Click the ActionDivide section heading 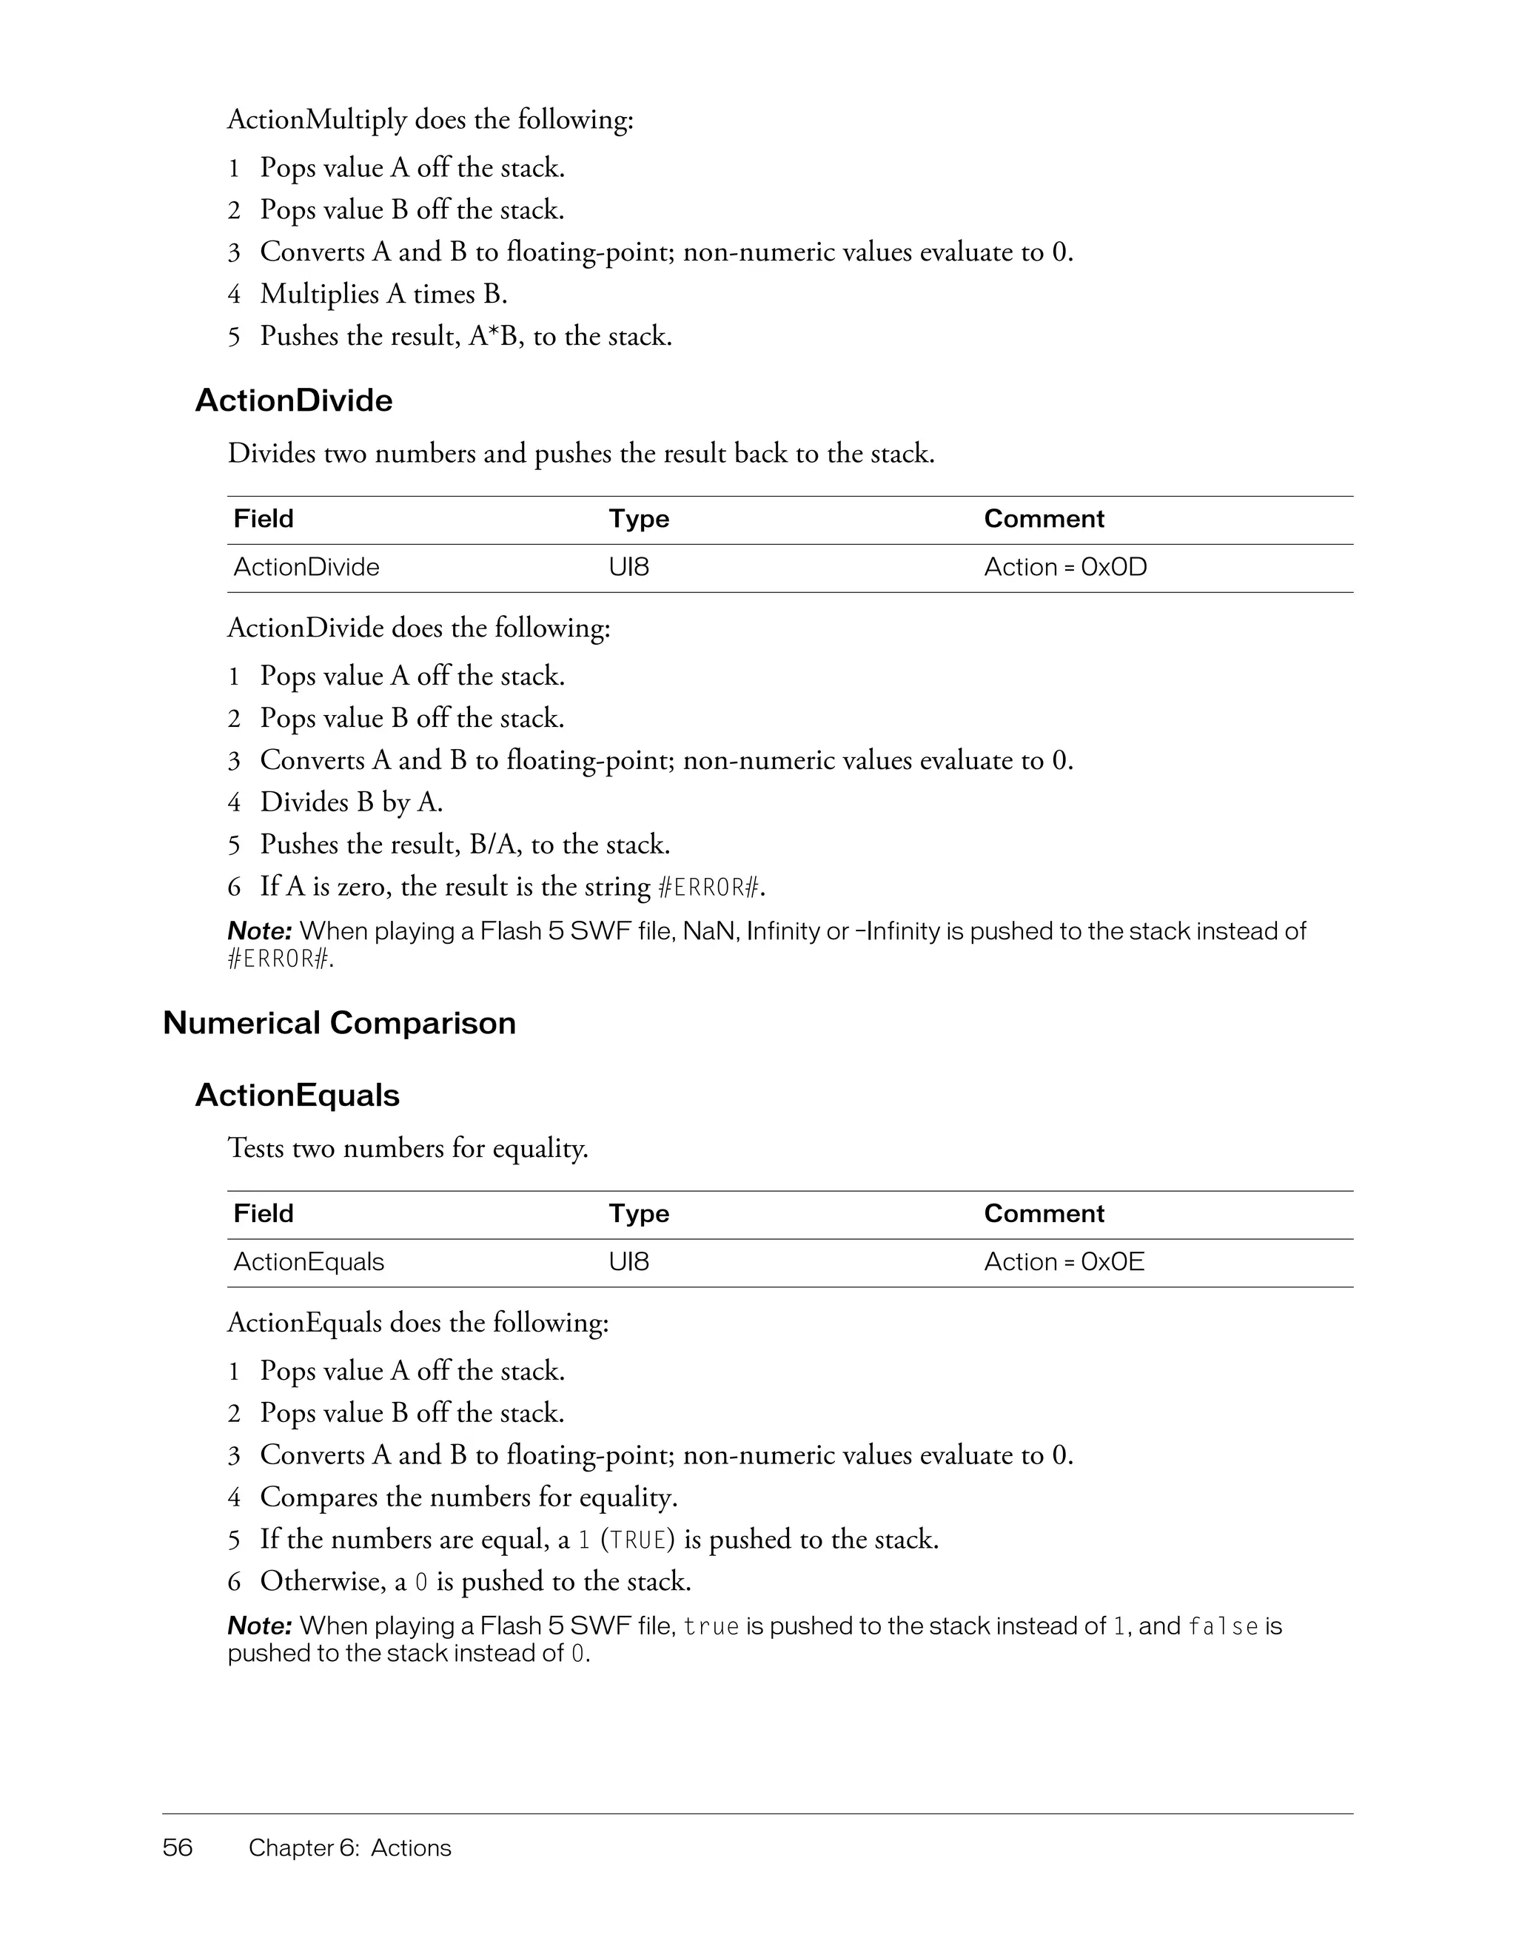(x=294, y=400)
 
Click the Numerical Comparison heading (x=339, y=1023)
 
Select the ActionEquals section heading (x=297, y=1095)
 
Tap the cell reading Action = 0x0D (x=1064, y=568)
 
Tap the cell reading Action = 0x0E (x=1064, y=1262)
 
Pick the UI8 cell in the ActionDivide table (x=629, y=568)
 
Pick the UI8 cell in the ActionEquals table (x=629, y=1262)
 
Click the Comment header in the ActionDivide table (x=1043, y=520)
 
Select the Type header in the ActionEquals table (x=639, y=1214)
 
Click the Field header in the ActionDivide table (x=264, y=520)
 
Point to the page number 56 (x=178, y=1848)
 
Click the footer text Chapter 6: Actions (x=350, y=1848)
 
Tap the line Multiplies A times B (x=383, y=294)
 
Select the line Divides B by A (x=351, y=802)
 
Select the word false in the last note (x=1222, y=1627)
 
